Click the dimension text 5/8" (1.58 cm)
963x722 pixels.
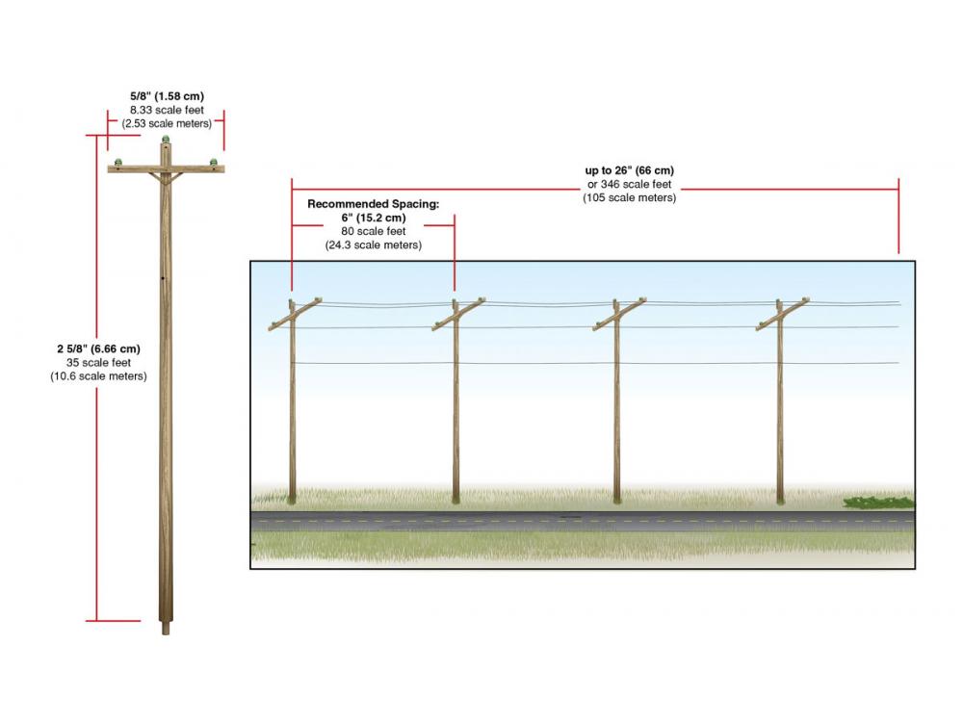(167, 96)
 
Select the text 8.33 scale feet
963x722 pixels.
(167, 110)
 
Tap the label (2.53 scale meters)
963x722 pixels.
(167, 123)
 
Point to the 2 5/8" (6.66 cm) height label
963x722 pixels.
(99, 348)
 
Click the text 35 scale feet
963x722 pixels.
(99, 362)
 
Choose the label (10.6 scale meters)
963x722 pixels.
(99, 375)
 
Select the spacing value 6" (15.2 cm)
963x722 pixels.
(374, 218)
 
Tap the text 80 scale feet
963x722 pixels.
(374, 231)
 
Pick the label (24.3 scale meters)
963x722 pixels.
(374, 245)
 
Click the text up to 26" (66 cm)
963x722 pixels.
(630, 170)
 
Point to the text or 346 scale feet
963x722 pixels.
(630, 184)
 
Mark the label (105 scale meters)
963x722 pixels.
(630, 197)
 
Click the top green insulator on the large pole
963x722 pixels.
(166, 140)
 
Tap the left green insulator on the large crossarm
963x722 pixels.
(117, 162)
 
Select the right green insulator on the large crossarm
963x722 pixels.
(213, 162)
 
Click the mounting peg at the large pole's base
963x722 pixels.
(166, 629)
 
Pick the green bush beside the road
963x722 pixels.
(879, 503)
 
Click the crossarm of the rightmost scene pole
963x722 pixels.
(782, 315)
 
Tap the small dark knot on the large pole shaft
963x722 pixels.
(163, 278)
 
